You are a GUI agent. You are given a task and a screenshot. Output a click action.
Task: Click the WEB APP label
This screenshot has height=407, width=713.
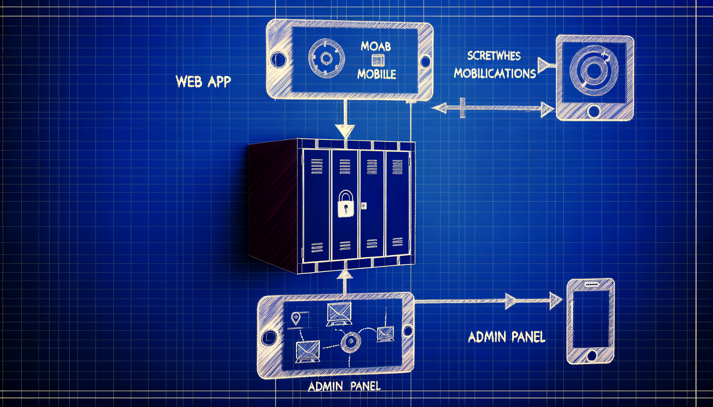203,81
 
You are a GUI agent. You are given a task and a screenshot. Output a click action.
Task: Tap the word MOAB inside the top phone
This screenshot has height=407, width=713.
376,47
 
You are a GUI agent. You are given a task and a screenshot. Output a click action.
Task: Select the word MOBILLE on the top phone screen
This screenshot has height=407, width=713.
376,74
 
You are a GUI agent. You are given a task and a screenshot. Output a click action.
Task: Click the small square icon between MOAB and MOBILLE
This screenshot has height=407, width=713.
378,60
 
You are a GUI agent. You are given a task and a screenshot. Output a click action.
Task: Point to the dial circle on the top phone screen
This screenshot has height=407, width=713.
326,58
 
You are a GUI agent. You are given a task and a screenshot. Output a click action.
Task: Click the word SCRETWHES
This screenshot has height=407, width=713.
494,56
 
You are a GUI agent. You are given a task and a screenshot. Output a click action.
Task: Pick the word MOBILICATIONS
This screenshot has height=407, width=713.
495,73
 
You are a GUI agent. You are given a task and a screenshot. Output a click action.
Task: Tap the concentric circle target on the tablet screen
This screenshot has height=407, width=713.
593,70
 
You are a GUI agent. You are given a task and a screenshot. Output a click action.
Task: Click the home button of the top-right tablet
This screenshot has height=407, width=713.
593,111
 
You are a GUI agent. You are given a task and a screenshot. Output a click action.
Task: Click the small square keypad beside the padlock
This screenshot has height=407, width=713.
364,205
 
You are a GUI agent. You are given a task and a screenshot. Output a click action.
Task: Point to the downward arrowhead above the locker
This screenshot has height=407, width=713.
345,131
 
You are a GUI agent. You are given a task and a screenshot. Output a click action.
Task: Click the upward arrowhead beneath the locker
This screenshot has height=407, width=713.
345,274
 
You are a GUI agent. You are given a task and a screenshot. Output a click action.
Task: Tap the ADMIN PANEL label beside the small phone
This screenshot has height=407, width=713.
506,337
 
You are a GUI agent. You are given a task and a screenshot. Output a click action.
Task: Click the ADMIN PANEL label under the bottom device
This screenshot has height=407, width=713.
344,386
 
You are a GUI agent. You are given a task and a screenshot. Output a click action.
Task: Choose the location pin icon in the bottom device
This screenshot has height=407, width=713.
296,318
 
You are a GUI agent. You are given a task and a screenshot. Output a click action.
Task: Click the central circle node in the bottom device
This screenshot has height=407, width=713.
351,341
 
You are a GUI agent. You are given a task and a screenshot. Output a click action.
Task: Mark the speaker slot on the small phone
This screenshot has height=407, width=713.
591,285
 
